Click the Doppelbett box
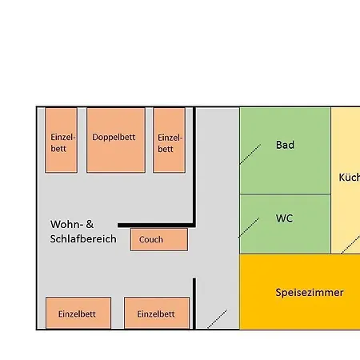click(x=115, y=140)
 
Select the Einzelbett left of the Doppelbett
click(x=61, y=140)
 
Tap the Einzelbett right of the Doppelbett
click(x=169, y=140)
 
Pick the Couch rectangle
click(x=158, y=239)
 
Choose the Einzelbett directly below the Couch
click(x=156, y=313)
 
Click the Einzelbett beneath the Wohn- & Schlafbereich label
click(x=78, y=313)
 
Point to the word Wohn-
click(x=66, y=224)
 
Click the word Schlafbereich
click(x=83, y=238)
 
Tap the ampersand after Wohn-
click(x=89, y=224)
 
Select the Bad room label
click(x=285, y=145)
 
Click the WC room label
click(x=284, y=218)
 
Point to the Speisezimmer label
click(x=309, y=292)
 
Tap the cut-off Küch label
click(x=349, y=178)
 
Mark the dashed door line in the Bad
click(x=250, y=154)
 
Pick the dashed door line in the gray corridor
click(x=217, y=318)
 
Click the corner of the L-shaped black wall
click(x=194, y=225)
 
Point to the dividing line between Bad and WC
click(x=285, y=194)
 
